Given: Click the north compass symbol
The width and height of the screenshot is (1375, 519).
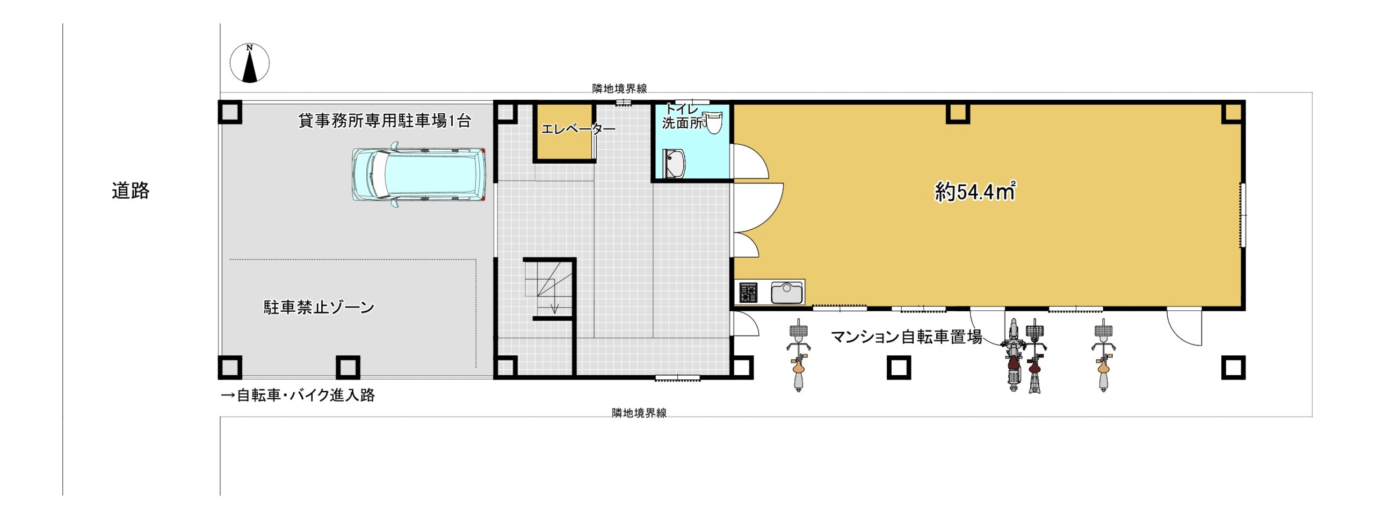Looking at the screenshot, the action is pyautogui.click(x=250, y=63).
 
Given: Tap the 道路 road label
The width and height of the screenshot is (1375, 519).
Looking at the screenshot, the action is pyautogui.click(x=131, y=191).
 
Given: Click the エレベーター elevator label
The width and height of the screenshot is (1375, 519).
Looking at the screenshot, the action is pyautogui.click(x=578, y=129).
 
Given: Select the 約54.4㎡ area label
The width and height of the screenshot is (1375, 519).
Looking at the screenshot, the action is pyautogui.click(x=975, y=191).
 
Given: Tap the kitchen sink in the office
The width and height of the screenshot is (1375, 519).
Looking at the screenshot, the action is pyautogui.click(x=787, y=293).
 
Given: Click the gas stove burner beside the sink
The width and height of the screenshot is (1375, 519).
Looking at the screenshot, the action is pyautogui.click(x=748, y=293).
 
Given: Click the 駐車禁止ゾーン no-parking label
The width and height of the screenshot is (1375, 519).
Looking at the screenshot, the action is pyautogui.click(x=319, y=307).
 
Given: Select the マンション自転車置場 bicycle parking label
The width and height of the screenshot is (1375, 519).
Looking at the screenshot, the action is pyautogui.click(x=907, y=337).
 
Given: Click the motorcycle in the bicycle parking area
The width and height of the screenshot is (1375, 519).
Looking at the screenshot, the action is pyautogui.click(x=1013, y=355).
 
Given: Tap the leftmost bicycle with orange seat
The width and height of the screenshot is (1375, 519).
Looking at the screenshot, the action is pyautogui.click(x=799, y=355).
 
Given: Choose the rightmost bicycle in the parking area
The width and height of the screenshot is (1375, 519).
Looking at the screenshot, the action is pyautogui.click(x=1103, y=355).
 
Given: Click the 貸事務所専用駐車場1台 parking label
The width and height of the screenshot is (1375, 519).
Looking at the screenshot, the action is pyautogui.click(x=385, y=121).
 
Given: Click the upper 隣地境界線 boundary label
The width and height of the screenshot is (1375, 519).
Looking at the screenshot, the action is pyautogui.click(x=619, y=89).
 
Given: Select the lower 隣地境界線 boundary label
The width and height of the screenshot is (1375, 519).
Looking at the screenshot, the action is pyautogui.click(x=639, y=413).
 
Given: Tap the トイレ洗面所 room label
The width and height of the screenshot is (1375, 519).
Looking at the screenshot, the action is pyautogui.click(x=683, y=116).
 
